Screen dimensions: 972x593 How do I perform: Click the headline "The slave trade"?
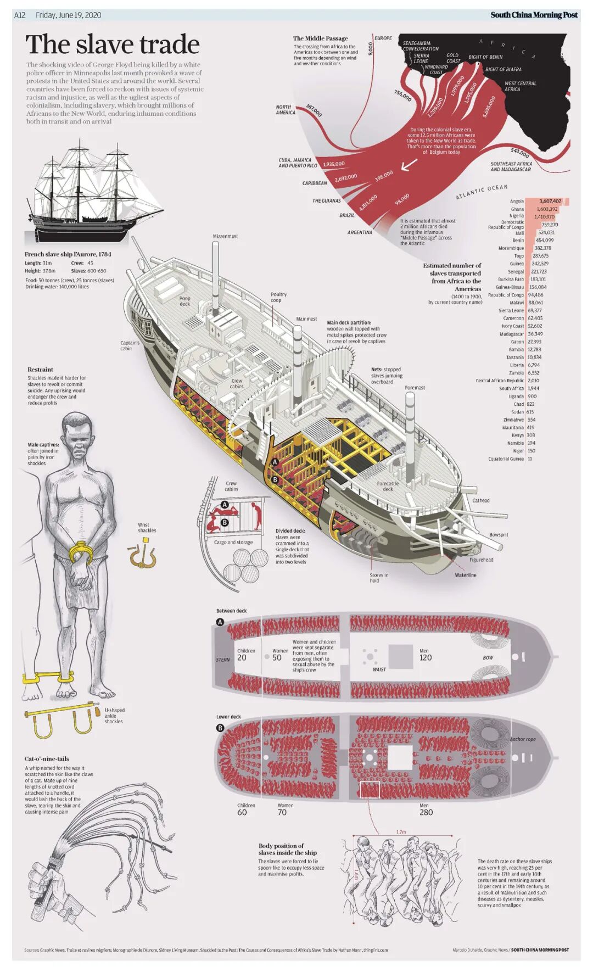click(x=113, y=44)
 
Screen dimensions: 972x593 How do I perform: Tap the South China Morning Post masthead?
click(x=534, y=15)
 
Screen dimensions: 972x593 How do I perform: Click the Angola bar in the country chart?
click(x=547, y=202)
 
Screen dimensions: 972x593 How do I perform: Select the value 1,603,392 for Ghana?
click(x=547, y=209)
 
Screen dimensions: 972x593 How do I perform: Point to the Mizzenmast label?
click(x=225, y=236)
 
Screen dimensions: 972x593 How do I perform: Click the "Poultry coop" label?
click(x=278, y=297)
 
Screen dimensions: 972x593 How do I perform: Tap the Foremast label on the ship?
click(x=415, y=388)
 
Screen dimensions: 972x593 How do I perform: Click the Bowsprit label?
click(x=499, y=534)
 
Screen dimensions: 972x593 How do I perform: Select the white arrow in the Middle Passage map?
click(x=409, y=164)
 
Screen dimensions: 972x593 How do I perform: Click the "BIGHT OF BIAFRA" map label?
click(x=503, y=70)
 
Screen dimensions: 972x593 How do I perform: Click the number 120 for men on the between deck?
click(x=426, y=657)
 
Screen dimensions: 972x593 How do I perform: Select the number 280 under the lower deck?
click(x=426, y=812)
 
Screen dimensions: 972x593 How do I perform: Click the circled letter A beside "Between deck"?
click(x=220, y=622)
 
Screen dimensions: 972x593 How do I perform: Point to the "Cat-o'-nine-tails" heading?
click(x=47, y=758)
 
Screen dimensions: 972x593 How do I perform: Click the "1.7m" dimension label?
click(x=401, y=832)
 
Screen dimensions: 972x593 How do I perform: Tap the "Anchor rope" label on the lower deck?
click(x=522, y=739)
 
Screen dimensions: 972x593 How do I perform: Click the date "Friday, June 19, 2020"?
click(x=68, y=15)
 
